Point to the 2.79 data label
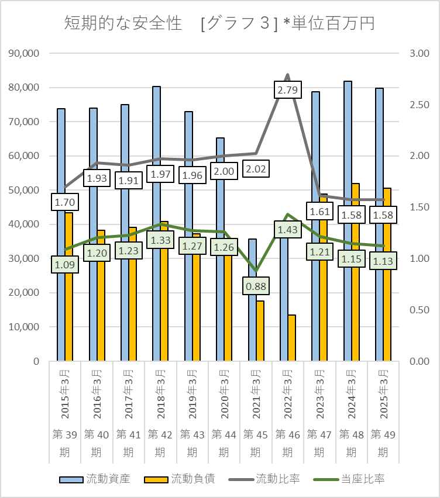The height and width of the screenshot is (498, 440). [x=288, y=90]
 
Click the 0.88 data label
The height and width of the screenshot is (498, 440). [x=256, y=286]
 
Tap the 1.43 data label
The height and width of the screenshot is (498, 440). [x=288, y=230]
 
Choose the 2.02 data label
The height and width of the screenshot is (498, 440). [x=256, y=169]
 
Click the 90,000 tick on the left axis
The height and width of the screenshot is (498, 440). [x=24, y=53]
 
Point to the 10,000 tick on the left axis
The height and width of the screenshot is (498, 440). [x=24, y=327]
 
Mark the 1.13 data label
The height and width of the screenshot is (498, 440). [x=383, y=261]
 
